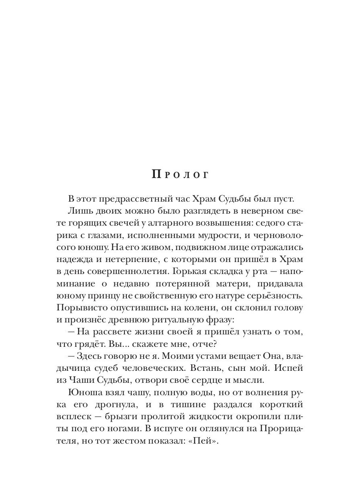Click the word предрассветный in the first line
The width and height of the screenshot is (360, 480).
click(132, 199)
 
